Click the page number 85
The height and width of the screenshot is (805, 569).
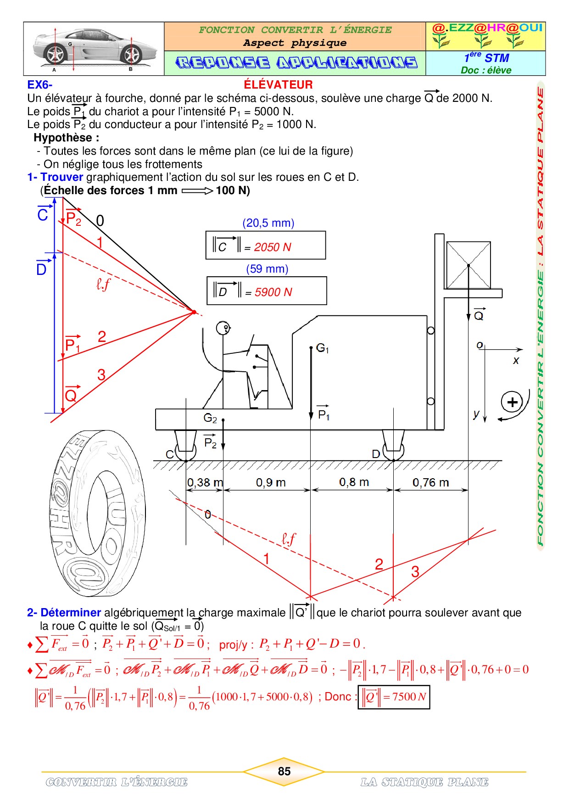coord(284,771)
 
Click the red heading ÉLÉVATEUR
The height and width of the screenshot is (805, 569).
coord(278,84)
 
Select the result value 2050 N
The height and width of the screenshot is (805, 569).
coord(273,247)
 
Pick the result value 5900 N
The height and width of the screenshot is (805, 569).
coord(273,292)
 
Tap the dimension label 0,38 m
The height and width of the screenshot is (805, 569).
coord(205,482)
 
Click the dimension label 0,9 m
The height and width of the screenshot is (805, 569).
coord(271,482)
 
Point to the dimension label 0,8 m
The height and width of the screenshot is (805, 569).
coord(354,482)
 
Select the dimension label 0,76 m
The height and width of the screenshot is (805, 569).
coord(430,482)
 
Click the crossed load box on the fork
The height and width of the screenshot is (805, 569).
coord(469,265)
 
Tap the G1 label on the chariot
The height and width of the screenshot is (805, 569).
coord(323,348)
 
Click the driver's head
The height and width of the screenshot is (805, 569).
coord(223,328)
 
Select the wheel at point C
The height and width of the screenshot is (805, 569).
coord(186,451)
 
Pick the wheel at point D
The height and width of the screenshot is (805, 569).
coord(394,451)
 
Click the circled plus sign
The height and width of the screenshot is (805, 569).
coord(512,402)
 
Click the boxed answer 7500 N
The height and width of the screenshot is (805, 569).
coord(394,697)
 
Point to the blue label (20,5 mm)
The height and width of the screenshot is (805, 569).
coord(268,223)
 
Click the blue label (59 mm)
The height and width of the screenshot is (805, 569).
coord(268,269)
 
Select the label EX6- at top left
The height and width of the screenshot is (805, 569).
coord(40,85)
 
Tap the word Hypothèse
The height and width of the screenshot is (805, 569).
coord(63,138)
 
